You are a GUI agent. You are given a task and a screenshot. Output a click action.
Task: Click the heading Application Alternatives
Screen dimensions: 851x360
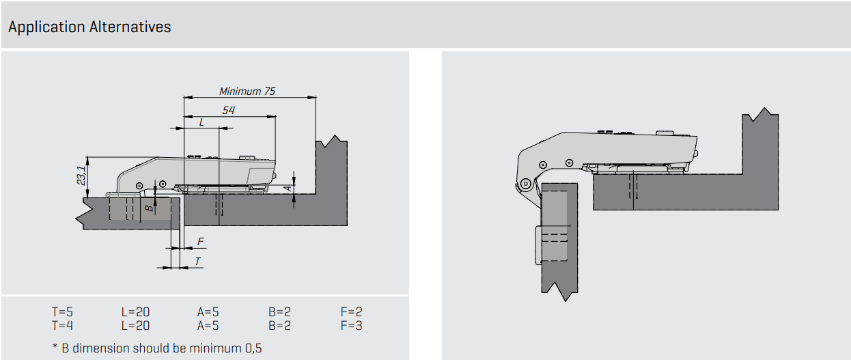(89, 27)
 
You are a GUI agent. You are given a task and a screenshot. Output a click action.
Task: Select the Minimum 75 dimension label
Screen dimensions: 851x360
(247, 92)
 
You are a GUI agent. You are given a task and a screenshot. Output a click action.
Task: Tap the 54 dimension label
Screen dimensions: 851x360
(228, 110)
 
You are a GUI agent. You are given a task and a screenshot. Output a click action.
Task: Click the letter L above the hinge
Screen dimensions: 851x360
(201, 122)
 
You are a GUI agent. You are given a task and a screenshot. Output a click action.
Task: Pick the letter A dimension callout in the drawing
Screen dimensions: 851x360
(288, 188)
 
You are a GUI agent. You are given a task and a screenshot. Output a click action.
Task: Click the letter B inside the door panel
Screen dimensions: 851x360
(150, 208)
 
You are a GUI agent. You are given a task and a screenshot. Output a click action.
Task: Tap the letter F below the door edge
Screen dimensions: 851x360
(201, 241)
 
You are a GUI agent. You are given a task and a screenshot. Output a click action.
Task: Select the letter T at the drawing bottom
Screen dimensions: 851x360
(197, 261)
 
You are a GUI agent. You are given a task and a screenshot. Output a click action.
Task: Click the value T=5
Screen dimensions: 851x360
(62, 311)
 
